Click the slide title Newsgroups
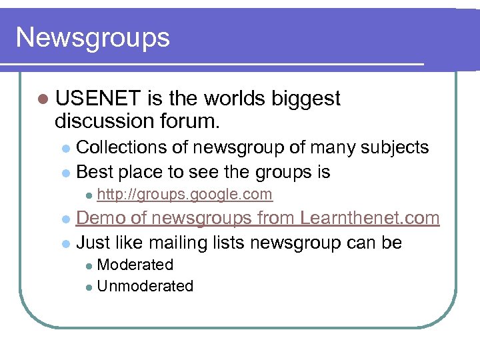(93, 38)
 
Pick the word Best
(94, 173)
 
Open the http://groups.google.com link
(185, 195)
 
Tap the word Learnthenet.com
(369, 218)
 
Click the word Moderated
(135, 265)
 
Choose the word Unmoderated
(145, 287)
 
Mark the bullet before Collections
(65, 148)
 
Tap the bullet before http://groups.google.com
(87, 195)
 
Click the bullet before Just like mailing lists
(65, 243)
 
